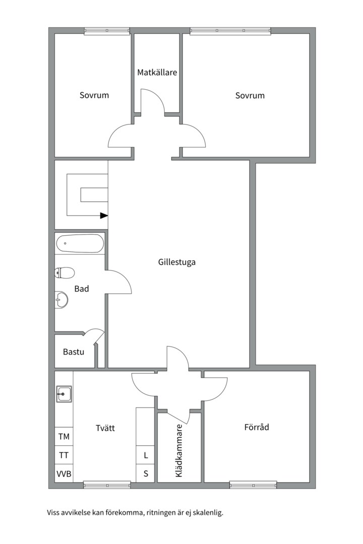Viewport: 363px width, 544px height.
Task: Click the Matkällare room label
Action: tap(157, 73)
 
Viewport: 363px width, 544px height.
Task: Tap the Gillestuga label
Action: tap(177, 262)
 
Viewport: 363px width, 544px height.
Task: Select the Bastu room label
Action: tap(74, 352)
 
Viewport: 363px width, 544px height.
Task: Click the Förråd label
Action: tap(257, 427)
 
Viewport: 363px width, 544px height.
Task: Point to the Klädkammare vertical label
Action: tap(179, 451)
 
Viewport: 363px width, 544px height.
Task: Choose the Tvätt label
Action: tap(105, 428)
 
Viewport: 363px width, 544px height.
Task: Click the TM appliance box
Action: tap(64, 436)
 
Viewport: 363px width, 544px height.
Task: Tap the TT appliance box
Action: tap(64, 455)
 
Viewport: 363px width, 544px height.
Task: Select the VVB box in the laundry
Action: tap(64, 473)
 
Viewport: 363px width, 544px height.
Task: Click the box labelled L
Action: tap(145, 455)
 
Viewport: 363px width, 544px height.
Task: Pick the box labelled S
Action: tap(145, 473)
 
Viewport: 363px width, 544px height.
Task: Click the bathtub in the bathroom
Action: tap(80, 244)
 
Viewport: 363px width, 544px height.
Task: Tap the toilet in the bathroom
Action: tap(65, 273)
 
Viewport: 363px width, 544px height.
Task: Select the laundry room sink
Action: tap(64, 394)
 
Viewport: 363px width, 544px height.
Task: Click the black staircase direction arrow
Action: tap(104, 216)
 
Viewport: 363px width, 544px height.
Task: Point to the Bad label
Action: tap(82, 289)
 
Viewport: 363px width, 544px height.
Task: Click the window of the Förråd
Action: tap(253, 485)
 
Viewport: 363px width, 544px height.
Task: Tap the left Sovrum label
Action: tap(94, 95)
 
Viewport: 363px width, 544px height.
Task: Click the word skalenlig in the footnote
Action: tap(208, 513)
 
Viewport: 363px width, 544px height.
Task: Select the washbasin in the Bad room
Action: tap(62, 299)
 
